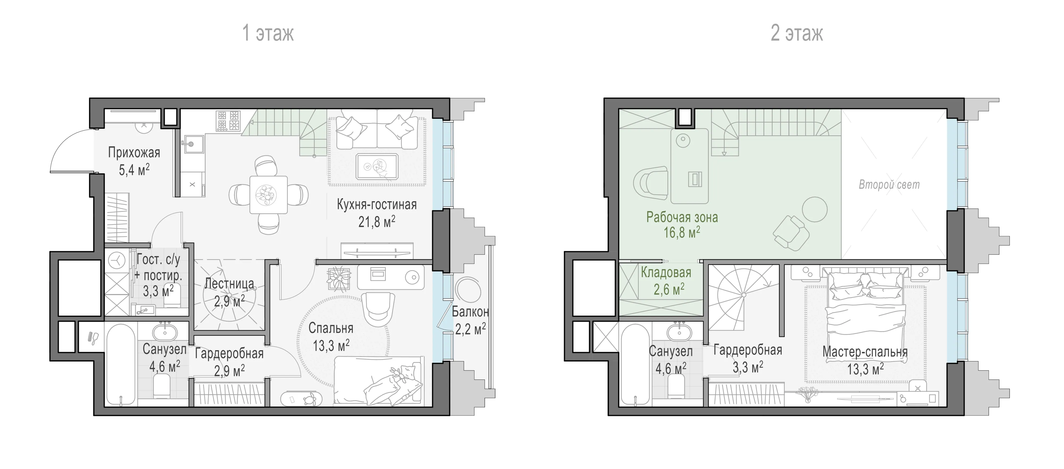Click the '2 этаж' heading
tap(797, 33)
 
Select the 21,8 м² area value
tap(377, 222)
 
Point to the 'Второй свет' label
tap(889, 184)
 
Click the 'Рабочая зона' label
tap(682, 217)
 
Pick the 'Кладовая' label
tap(666, 273)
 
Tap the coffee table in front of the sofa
tap(377, 166)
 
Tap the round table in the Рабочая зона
tap(814, 209)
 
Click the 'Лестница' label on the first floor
tap(229, 284)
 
